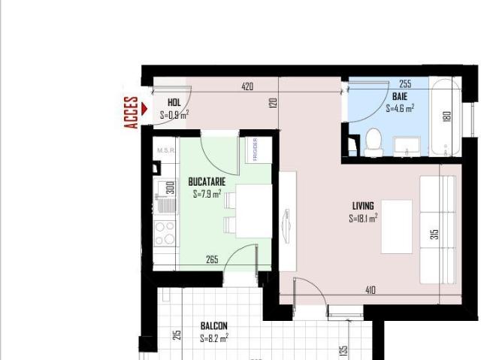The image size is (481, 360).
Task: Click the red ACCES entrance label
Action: tap(132, 113)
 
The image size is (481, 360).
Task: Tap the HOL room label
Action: tap(174, 103)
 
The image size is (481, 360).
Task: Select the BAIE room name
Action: tap(399, 97)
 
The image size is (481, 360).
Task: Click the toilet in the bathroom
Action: tap(374, 142)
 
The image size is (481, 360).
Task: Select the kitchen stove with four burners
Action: tap(165, 233)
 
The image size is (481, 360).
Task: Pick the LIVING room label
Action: tap(363, 206)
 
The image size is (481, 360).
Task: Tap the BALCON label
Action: tap(213, 326)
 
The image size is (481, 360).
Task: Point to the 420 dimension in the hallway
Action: tap(247, 86)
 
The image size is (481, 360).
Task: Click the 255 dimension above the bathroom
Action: tap(405, 84)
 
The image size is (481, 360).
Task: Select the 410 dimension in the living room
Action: tap(370, 290)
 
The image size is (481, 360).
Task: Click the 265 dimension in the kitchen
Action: tap(212, 260)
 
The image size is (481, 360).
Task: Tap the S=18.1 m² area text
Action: tap(363, 219)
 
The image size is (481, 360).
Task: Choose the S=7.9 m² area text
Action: tap(207, 194)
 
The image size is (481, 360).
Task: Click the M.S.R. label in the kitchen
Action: tap(164, 150)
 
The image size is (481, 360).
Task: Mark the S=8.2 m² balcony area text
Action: tap(214, 338)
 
